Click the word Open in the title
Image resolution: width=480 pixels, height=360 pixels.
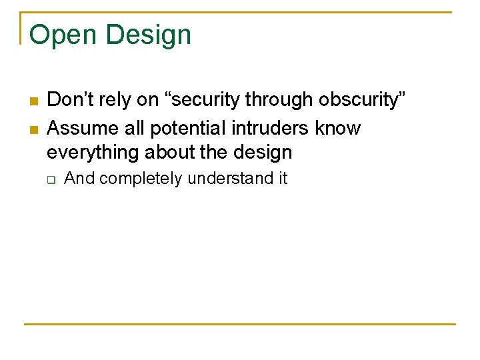58,35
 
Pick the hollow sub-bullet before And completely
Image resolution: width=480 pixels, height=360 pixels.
51,179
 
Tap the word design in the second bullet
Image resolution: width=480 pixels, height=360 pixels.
263,153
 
